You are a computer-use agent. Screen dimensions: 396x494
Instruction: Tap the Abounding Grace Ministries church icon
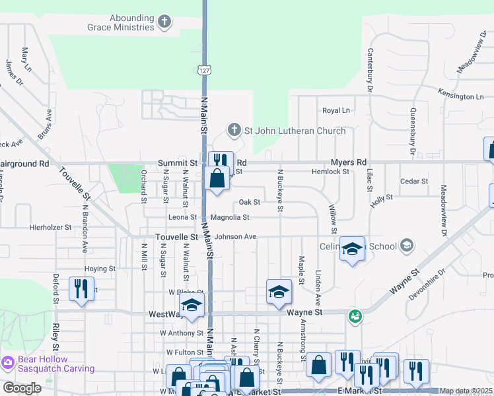coord(164,22)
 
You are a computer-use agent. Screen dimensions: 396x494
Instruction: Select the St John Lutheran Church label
coord(295,131)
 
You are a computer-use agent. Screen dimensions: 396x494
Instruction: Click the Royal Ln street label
coord(335,110)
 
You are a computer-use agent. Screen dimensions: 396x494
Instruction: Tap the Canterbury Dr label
coord(370,70)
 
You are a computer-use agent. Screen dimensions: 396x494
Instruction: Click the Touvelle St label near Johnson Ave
coord(176,236)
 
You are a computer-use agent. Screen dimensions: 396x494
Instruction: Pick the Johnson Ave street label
coord(235,236)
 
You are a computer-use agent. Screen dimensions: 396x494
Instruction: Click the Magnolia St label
coord(230,217)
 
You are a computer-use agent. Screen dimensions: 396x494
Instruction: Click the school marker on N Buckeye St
coord(279,290)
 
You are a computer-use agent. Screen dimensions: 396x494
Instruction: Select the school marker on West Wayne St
coord(192,304)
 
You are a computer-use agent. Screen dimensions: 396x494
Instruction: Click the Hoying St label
coord(100,269)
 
